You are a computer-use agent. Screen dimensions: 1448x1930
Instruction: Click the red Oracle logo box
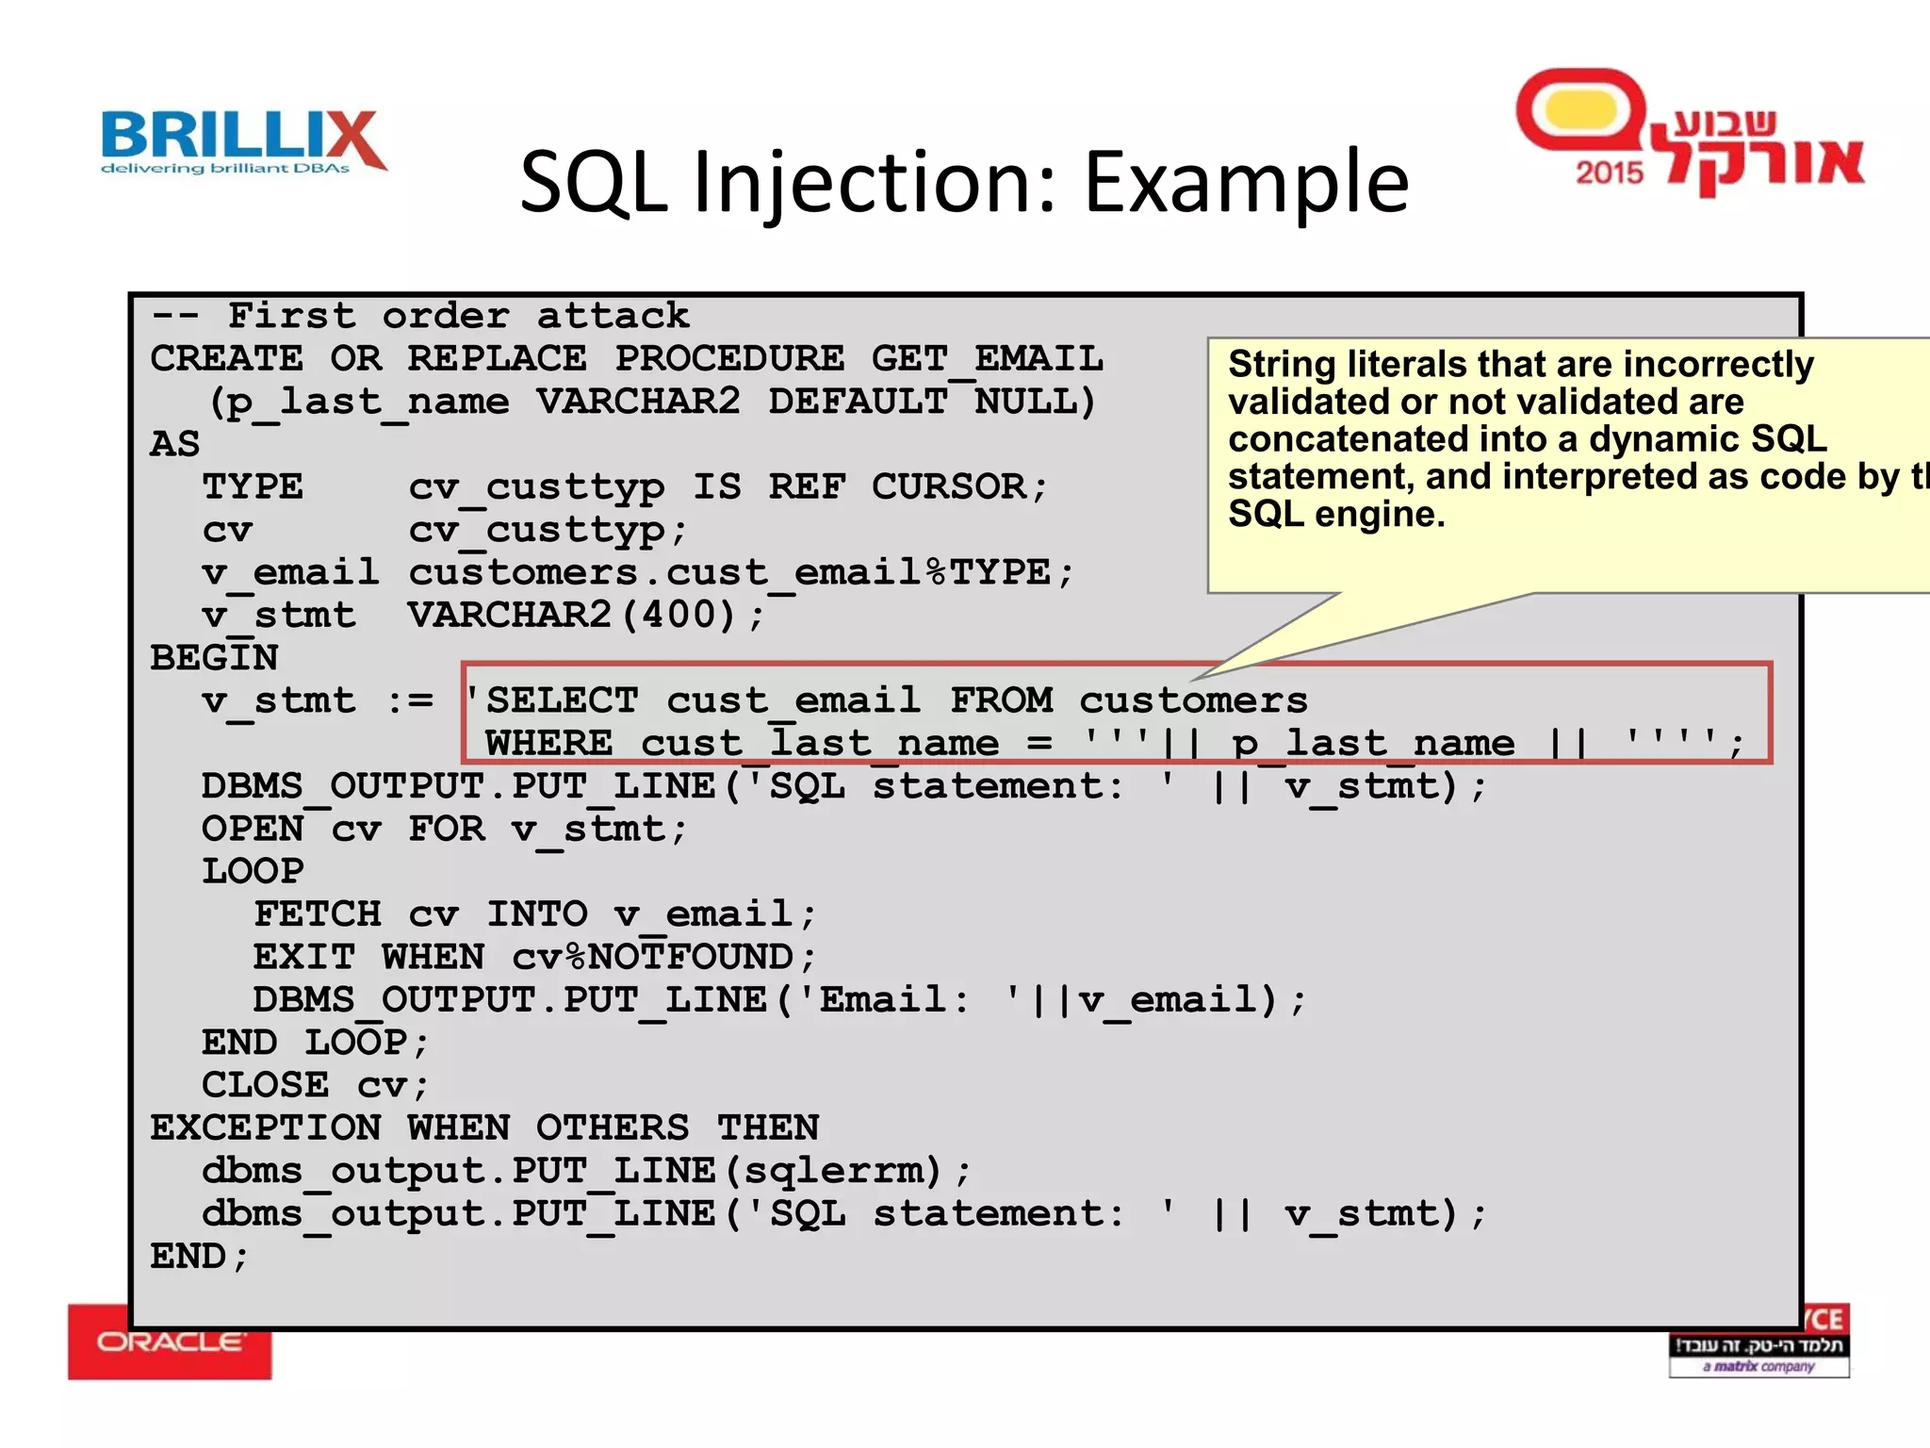(x=170, y=1342)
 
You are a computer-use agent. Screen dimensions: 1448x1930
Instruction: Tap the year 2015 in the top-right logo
(x=1609, y=173)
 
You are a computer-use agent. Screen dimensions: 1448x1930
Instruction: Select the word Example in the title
(x=1246, y=181)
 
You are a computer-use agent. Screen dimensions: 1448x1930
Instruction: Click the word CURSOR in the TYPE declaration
(x=948, y=487)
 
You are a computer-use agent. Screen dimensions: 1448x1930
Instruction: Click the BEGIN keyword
(x=214, y=658)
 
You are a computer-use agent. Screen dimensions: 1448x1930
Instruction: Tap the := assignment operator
(x=411, y=701)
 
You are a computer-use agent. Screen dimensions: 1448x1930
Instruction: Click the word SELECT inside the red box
(x=562, y=701)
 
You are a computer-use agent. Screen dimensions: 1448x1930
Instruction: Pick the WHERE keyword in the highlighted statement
(x=548, y=744)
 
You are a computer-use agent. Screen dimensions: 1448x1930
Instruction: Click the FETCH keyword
(x=318, y=914)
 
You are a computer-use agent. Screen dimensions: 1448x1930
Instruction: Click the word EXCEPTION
(x=266, y=1128)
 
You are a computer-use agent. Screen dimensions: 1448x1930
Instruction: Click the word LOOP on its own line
(x=253, y=872)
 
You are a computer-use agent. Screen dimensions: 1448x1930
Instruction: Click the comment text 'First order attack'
(x=459, y=317)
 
